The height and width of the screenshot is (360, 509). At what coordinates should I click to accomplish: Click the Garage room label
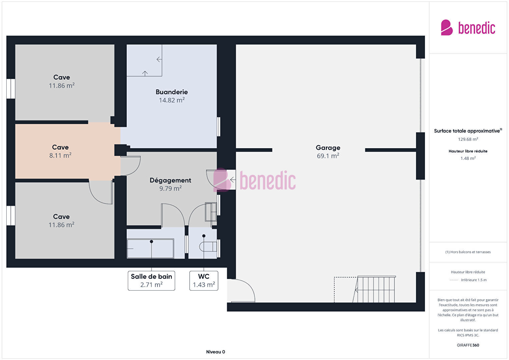coord(328,148)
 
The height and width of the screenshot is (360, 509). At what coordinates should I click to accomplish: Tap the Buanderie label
coord(171,92)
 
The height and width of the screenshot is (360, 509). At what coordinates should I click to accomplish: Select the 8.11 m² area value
coord(60,155)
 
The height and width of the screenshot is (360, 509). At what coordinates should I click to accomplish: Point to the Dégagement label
coord(170,181)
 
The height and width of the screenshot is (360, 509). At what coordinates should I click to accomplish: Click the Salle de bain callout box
coord(151,281)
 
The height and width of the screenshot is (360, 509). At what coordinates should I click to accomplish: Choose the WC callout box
coord(203,281)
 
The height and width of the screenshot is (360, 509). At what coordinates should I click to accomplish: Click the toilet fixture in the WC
coord(208,247)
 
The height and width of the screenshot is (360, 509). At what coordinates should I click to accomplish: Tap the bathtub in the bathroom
coord(150,249)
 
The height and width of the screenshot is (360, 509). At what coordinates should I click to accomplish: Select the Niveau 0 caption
coord(215,352)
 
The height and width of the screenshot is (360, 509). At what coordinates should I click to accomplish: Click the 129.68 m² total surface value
coord(468,139)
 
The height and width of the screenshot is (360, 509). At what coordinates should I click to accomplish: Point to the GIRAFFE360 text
coord(468,345)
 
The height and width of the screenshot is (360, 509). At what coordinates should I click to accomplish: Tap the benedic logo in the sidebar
coord(468,27)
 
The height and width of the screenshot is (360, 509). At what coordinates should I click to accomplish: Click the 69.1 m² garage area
coord(328,156)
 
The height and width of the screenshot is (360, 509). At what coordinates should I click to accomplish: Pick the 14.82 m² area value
coord(171,100)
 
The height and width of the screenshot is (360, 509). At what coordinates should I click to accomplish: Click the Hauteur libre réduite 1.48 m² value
coord(468,158)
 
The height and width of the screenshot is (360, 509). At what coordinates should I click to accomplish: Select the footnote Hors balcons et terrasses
coord(468,252)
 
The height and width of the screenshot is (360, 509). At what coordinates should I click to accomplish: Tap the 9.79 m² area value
coord(170,189)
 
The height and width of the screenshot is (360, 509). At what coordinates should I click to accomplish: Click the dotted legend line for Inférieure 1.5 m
coord(454,280)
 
